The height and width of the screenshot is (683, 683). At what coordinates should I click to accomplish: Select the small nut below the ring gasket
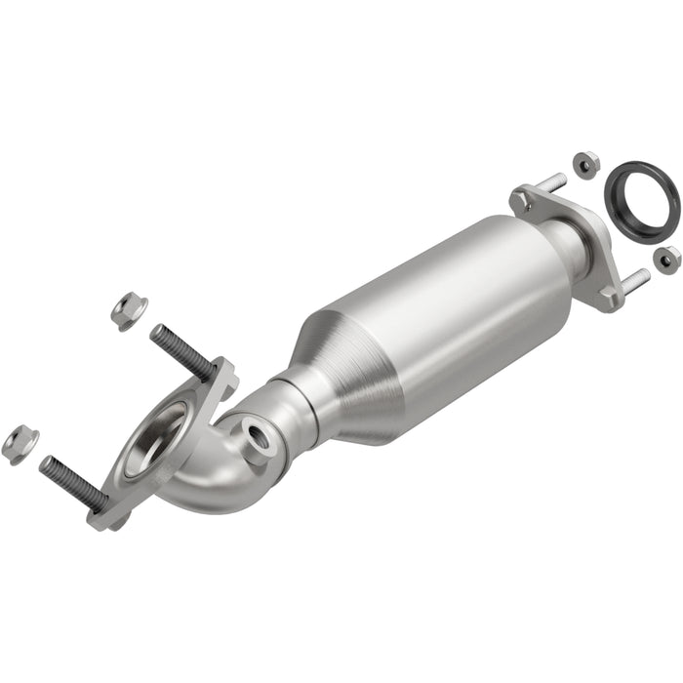point(668,259)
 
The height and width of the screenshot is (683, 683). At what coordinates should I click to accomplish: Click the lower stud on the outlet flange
point(636,279)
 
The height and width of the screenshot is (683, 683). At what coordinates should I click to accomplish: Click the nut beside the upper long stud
point(128,311)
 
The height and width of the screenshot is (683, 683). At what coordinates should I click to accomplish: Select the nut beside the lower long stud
point(19,444)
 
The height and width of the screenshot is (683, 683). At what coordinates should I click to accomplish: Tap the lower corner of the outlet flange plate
point(608,295)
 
